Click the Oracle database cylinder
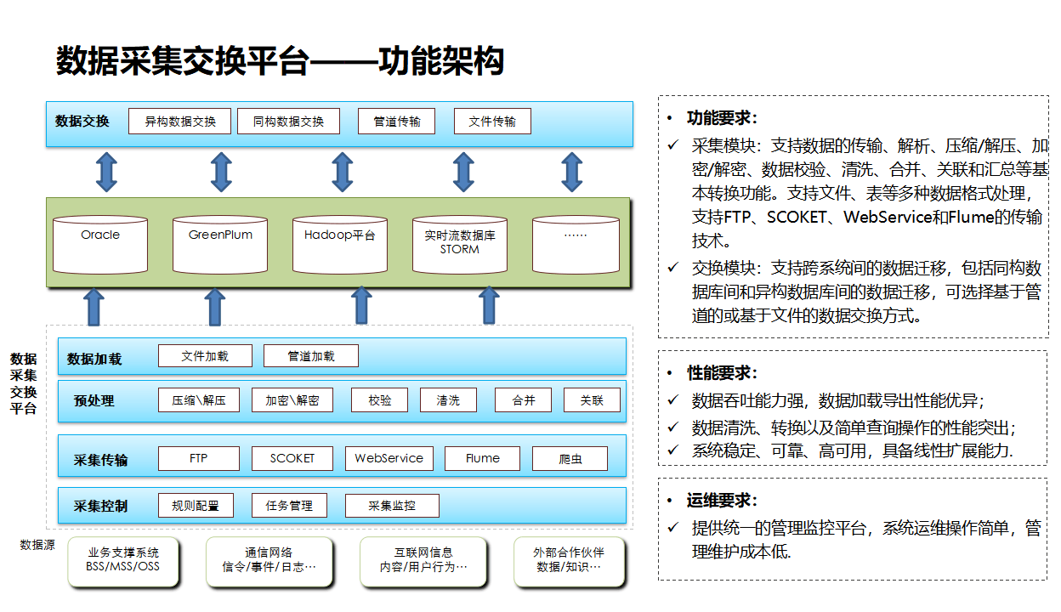tap(100, 244)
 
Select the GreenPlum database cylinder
tap(220, 244)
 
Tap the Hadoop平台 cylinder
tap(340, 244)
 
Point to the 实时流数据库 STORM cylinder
tap(460, 244)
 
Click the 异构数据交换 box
tap(180, 122)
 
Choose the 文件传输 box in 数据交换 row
tap(492, 122)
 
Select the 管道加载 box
tap(311, 356)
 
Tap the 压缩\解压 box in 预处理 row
tap(199, 400)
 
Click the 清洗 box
tap(448, 400)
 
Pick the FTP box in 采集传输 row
tap(199, 459)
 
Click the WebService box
tap(389, 459)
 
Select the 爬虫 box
tap(570, 459)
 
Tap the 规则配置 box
tap(196, 506)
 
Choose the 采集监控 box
tap(392, 506)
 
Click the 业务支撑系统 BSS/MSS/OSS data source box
tap(123, 561)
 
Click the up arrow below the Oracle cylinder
tap(94, 307)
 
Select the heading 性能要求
tap(722, 373)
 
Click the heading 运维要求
tap(722, 501)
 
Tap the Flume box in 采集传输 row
tap(483, 459)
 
